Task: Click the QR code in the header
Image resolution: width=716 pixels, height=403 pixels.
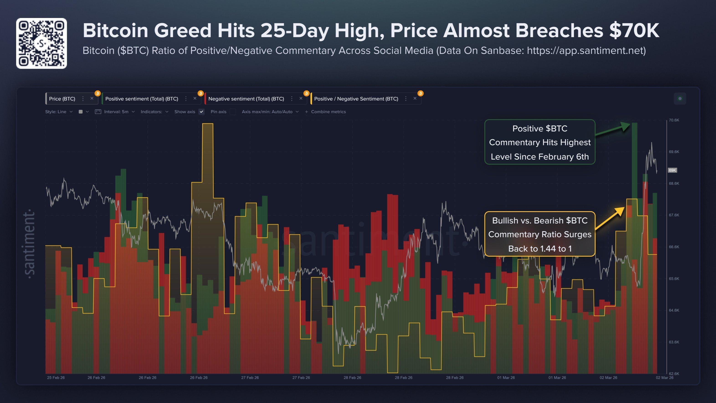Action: click(41, 43)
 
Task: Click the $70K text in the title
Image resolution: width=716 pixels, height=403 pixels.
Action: click(634, 30)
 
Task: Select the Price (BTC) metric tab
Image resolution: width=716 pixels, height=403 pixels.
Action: click(62, 99)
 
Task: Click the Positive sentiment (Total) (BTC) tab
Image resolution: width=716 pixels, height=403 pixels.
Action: click(141, 99)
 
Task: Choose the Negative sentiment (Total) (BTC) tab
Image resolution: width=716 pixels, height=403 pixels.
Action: click(246, 99)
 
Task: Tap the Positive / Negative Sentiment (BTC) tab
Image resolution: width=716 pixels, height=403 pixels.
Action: click(356, 99)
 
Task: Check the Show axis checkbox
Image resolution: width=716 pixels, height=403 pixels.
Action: click(202, 112)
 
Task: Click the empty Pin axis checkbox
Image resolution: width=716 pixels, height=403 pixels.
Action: click(233, 112)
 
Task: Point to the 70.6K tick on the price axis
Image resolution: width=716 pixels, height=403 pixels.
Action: click(674, 120)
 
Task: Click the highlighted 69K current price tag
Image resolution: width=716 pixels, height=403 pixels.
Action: click(672, 170)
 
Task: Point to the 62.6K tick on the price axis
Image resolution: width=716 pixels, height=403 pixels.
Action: click(674, 374)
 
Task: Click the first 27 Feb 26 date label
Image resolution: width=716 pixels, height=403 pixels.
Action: click(250, 377)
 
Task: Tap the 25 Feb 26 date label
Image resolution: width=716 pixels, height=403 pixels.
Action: click(56, 377)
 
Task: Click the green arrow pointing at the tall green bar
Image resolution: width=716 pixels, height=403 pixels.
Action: click(613, 130)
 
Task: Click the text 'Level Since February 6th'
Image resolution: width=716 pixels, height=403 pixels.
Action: click(539, 157)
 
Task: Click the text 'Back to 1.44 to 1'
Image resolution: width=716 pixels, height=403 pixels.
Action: click(539, 249)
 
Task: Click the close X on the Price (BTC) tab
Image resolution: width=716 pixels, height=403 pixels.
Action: click(92, 98)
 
